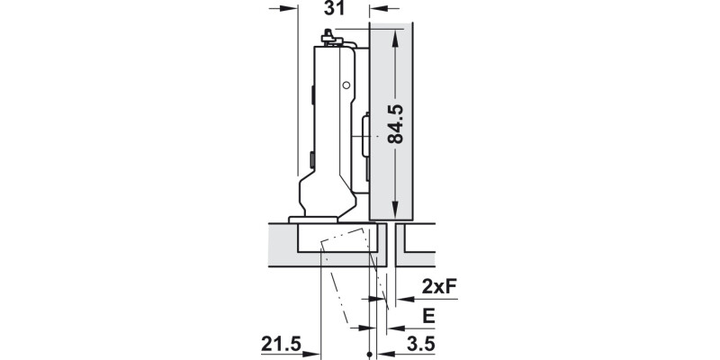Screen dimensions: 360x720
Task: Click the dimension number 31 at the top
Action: coord(332,9)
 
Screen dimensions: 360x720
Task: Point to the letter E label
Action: coord(428,316)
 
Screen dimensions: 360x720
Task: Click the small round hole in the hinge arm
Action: coord(346,86)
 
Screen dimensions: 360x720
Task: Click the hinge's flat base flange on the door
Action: coord(310,218)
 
